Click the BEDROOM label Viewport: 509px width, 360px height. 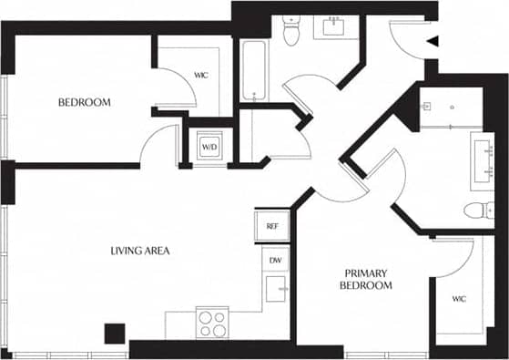pos(84,102)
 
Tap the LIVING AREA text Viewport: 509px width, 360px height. pos(140,250)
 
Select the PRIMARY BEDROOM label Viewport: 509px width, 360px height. pos(368,279)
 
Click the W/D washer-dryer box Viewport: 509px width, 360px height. pos(209,146)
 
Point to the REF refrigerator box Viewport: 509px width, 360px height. pos(271,225)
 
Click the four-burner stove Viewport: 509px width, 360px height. pos(212,322)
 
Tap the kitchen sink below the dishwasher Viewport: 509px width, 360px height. pos(276,290)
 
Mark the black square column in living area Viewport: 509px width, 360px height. pos(114,334)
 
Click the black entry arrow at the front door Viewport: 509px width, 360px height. pos(433,41)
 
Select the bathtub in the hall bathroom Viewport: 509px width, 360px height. pos(254,70)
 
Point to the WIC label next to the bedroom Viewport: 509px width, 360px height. pos(201,75)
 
